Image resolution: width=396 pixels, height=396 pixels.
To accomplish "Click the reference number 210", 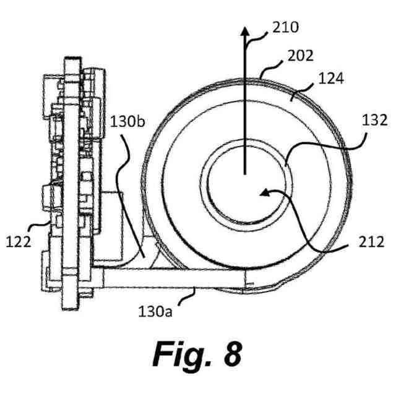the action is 285,27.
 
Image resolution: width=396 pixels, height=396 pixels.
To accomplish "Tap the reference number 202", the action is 301,56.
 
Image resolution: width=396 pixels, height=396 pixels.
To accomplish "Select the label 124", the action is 331,79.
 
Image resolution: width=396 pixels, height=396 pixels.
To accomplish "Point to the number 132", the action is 374,120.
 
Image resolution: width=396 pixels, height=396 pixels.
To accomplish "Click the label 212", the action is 371,242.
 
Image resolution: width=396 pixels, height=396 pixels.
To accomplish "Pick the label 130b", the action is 127,122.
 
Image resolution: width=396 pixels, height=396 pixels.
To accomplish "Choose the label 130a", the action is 155,311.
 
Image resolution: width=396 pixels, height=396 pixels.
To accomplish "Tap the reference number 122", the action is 19,242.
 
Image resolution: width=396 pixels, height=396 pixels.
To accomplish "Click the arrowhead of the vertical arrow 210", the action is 244,31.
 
